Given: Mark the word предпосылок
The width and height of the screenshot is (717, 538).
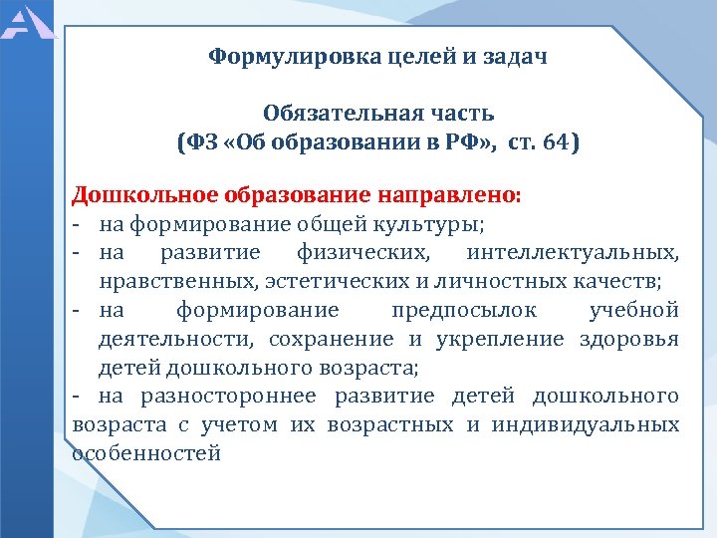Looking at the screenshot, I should click(450, 310).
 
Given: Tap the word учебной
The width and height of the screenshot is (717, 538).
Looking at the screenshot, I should click(633, 310).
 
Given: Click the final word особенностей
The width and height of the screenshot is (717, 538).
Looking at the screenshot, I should click(146, 453).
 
